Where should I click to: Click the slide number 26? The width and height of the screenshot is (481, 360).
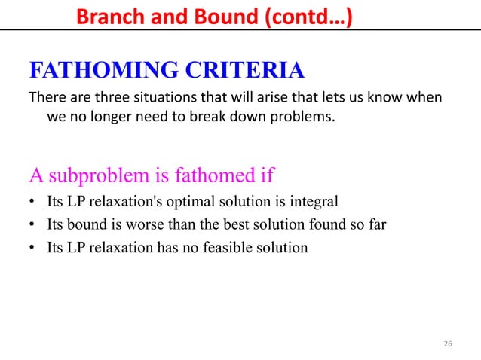[x=448, y=344]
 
